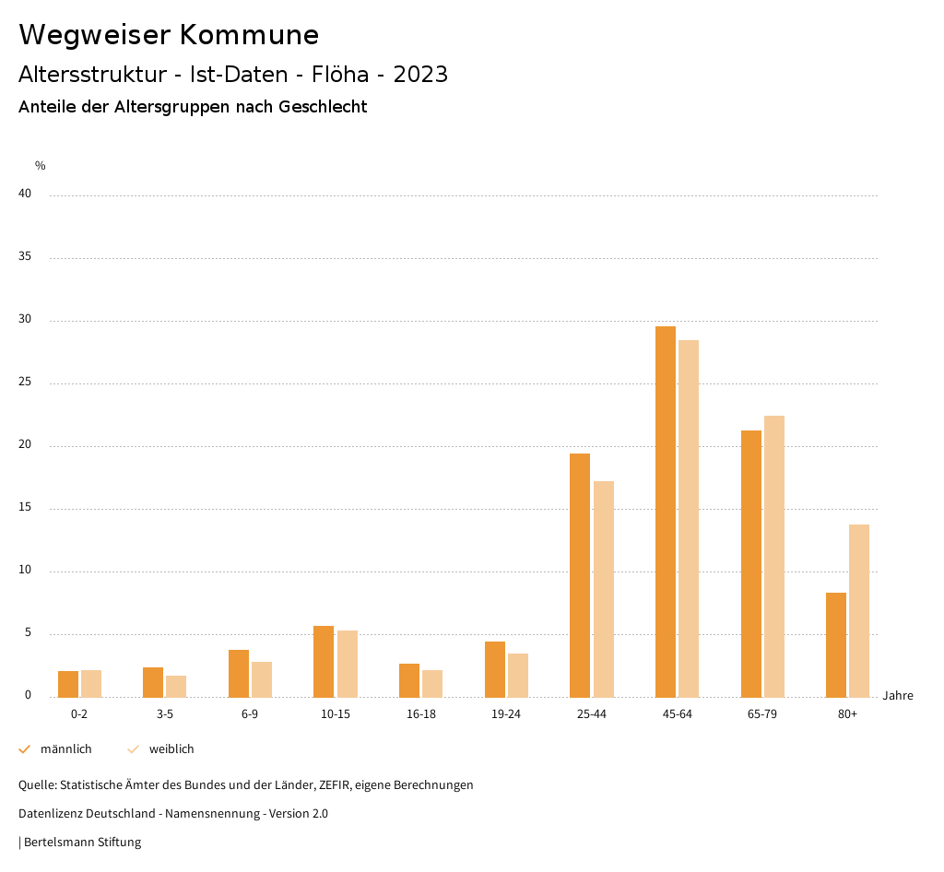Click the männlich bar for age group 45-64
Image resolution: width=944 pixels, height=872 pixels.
click(666, 512)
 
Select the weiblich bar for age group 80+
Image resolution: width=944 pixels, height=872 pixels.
click(859, 610)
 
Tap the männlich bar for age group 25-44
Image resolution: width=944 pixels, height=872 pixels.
click(580, 575)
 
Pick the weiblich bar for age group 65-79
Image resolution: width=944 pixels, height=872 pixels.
click(774, 556)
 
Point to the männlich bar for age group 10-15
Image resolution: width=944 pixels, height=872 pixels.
click(324, 661)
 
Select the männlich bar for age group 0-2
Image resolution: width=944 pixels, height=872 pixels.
click(68, 684)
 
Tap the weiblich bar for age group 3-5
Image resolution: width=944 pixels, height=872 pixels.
click(176, 686)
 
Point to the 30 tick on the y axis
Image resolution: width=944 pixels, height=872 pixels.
click(25, 320)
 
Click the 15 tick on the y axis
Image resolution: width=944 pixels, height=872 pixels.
click(25, 508)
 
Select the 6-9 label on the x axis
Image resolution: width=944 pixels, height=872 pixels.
click(250, 714)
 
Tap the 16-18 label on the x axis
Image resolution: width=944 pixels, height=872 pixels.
click(421, 714)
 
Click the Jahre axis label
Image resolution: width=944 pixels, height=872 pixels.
click(897, 696)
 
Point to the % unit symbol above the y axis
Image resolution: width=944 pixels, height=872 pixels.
click(41, 166)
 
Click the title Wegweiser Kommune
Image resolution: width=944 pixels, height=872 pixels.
click(169, 35)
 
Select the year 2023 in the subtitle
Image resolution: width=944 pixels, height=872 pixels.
click(420, 75)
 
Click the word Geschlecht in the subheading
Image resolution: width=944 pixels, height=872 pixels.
click(324, 107)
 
